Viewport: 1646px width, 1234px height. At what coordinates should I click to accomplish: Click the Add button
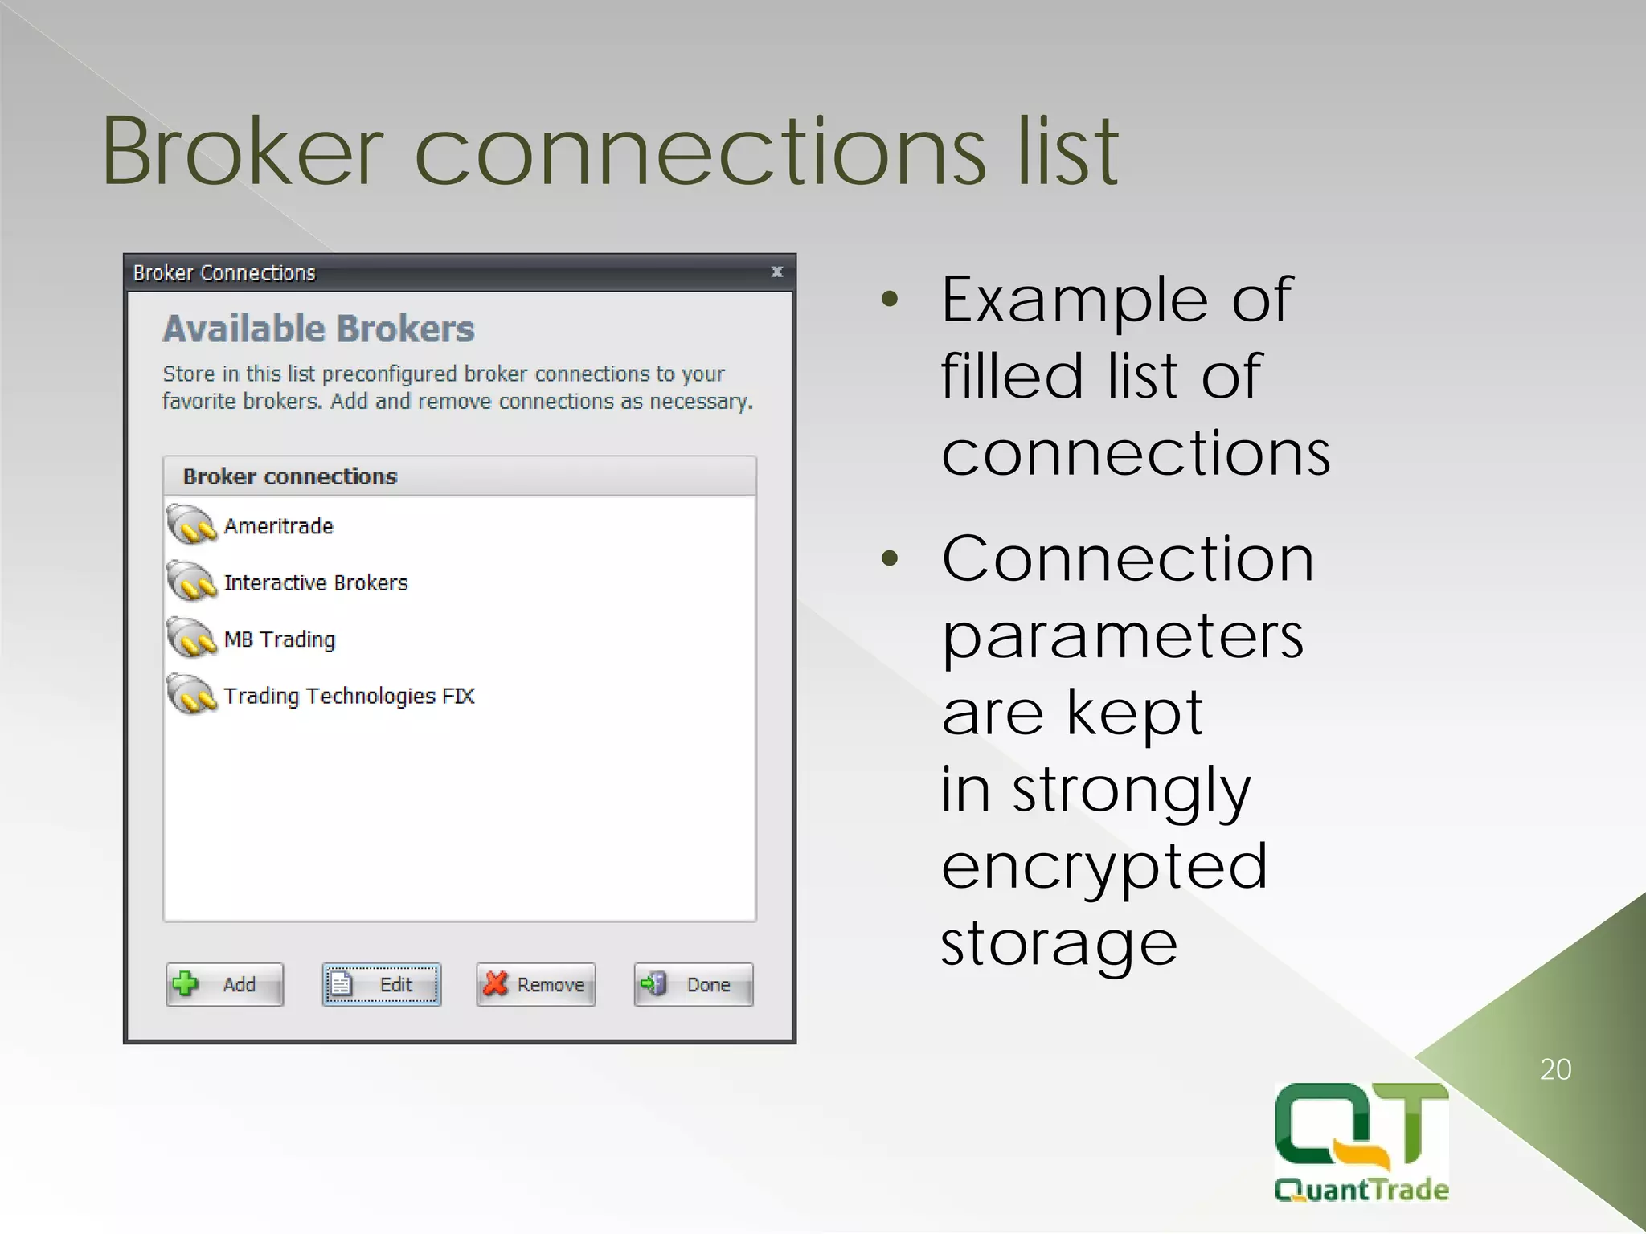tap(224, 984)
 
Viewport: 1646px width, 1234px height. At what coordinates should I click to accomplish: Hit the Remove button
tap(535, 984)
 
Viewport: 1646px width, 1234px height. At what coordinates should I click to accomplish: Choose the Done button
tap(693, 984)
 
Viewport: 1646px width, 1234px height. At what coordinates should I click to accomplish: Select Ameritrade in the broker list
tap(278, 526)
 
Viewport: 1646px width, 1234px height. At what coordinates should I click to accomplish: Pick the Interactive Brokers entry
tap(316, 582)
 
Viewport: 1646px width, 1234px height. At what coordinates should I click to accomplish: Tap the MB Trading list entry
tap(279, 639)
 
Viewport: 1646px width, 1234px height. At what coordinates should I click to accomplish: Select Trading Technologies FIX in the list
tap(349, 696)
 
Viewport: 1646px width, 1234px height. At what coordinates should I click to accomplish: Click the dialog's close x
tap(776, 272)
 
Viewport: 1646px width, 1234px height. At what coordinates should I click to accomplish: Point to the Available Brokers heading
tap(318, 329)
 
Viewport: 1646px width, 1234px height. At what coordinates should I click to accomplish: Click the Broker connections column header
tap(290, 476)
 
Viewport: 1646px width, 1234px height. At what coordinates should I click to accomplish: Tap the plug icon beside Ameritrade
tap(191, 525)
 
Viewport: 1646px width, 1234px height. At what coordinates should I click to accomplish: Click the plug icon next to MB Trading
tap(191, 638)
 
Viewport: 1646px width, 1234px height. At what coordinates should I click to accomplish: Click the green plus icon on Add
tap(186, 983)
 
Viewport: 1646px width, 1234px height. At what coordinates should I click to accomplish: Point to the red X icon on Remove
tap(496, 983)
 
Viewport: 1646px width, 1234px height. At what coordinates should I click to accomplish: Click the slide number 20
tap(1555, 1069)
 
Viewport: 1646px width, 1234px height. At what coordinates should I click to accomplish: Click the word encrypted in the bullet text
tap(1104, 866)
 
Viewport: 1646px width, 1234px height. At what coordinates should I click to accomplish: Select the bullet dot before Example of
tap(889, 300)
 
